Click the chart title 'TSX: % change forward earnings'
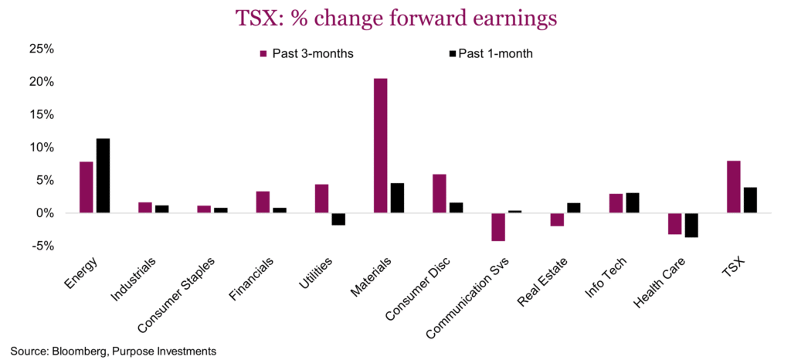(395, 17)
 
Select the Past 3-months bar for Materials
(380, 145)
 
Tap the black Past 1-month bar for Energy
(103, 175)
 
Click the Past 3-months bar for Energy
(87, 187)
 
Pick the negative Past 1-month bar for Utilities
(338, 219)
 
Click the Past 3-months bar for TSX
(734, 186)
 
